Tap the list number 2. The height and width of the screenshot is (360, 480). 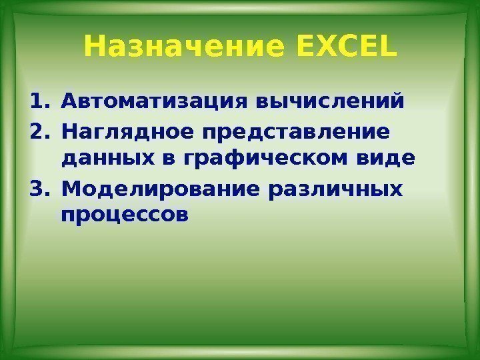point(38,131)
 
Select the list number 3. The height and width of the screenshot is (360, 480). point(38,189)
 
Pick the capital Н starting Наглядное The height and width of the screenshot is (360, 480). point(68,131)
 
